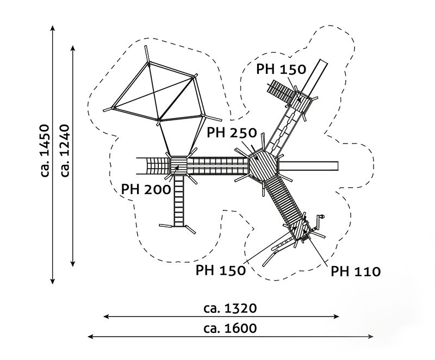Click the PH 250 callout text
(x=232, y=133)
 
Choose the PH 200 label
(x=145, y=189)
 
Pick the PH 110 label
(x=356, y=271)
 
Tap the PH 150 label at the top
(x=282, y=70)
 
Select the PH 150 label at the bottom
(x=221, y=271)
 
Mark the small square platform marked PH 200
(x=178, y=165)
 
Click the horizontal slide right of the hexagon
(x=310, y=165)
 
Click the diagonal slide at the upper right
(x=317, y=76)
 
